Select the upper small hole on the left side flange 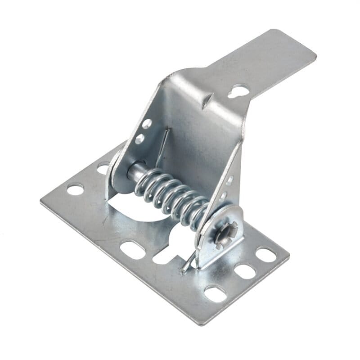(x=147, y=124)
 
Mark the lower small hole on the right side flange (x=223, y=196)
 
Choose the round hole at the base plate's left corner (x=75, y=189)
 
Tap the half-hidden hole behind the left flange (x=103, y=167)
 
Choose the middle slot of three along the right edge (x=245, y=271)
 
